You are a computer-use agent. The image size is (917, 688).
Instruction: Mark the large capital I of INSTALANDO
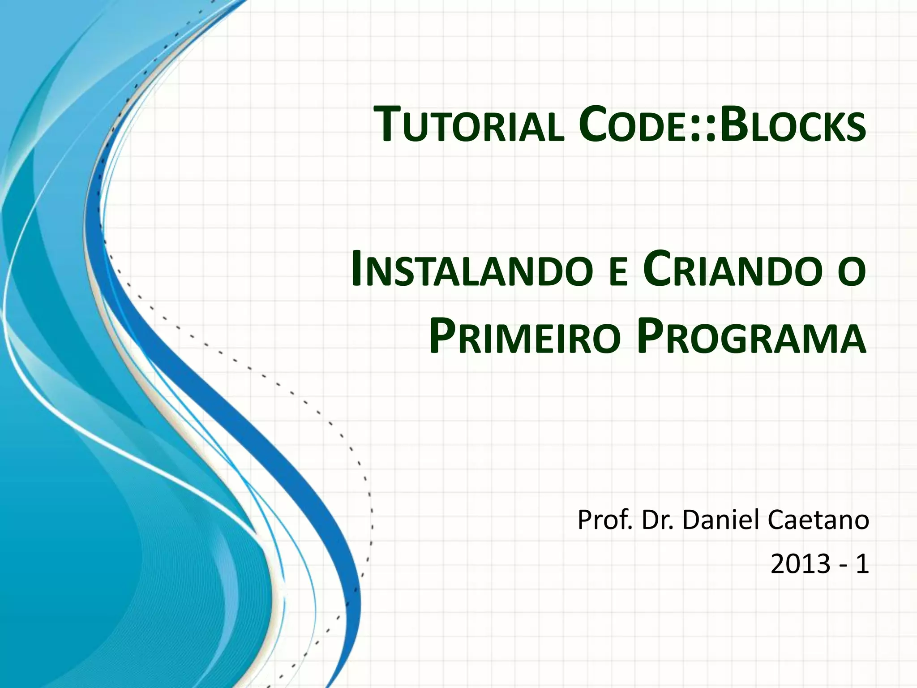358,269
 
